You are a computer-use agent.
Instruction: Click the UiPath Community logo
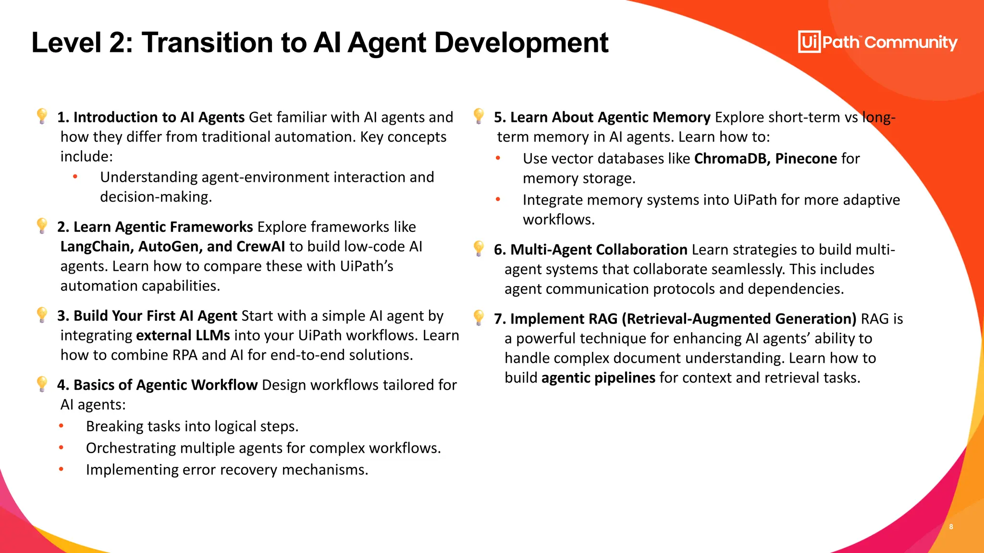pyautogui.click(x=877, y=42)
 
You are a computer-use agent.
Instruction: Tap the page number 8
pyautogui.click(x=951, y=527)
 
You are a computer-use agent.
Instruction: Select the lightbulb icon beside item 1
pyautogui.click(x=42, y=116)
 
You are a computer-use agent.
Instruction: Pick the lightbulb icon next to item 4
pyautogui.click(x=42, y=384)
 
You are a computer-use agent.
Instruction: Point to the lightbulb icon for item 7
pyautogui.click(x=479, y=317)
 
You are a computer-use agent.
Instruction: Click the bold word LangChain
pyautogui.click(x=96, y=247)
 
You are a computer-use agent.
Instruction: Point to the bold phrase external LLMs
pyautogui.click(x=183, y=336)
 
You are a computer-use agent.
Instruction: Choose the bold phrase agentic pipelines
pyautogui.click(x=598, y=378)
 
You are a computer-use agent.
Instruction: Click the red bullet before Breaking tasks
pyautogui.click(x=61, y=426)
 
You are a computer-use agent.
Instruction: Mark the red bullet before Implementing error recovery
pyautogui.click(x=61, y=469)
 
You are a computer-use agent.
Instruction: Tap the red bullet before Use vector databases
pyautogui.click(x=498, y=158)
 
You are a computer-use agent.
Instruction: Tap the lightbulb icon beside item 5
pyautogui.click(x=479, y=116)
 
